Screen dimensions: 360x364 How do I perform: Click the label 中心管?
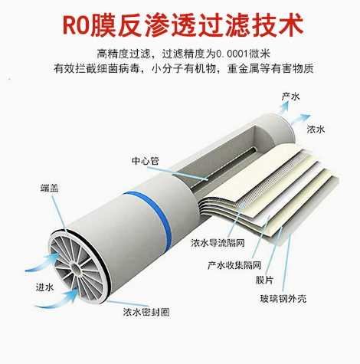coord(146,161)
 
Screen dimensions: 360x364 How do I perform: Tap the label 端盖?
coord(50,188)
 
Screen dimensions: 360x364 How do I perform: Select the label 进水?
coord(44,287)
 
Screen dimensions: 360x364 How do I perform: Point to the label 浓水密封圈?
coord(146,312)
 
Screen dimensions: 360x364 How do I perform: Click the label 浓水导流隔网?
coord(218,243)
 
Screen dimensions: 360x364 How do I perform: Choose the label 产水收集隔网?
coord(234,265)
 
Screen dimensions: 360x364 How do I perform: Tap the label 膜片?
coord(264,280)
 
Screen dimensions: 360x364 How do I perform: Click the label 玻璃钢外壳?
coord(283,299)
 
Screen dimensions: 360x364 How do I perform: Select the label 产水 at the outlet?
coord(290,97)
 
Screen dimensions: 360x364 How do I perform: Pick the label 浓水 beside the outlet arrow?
coord(316,130)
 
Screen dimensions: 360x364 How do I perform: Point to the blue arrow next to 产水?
coord(283,109)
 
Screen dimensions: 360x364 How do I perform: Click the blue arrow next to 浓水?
coord(299,120)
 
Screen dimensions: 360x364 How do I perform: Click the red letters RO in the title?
coord(75,26)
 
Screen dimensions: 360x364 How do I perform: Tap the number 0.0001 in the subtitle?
coord(232,54)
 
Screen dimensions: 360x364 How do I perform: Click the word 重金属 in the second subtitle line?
coord(244,69)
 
